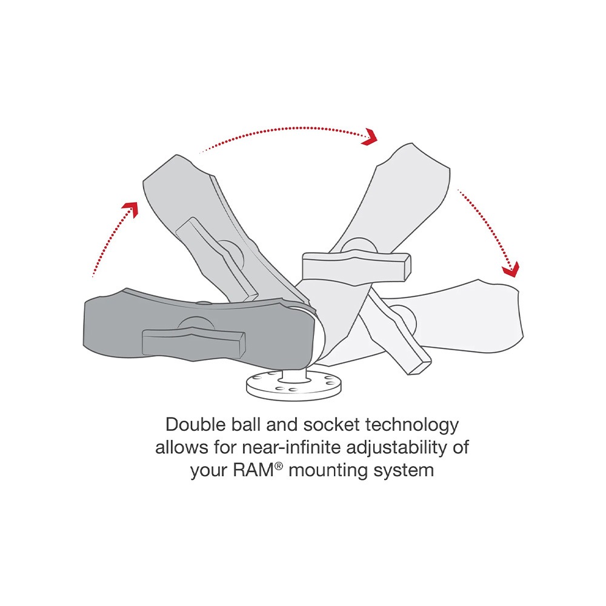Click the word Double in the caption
coord(196,424)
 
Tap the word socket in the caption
coord(331,424)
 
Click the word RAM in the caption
coord(253,470)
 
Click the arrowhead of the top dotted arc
coord(370,137)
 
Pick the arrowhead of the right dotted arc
coord(511,269)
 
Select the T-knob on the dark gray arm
coord(194,341)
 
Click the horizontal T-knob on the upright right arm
coord(356,264)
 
